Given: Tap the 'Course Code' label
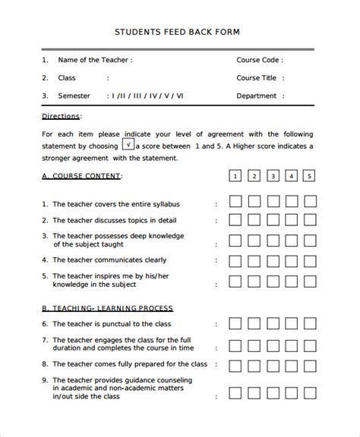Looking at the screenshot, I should (x=259, y=59).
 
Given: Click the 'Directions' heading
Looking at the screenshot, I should (x=61, y=115).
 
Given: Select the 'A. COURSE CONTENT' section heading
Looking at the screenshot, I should (x=81, y=176).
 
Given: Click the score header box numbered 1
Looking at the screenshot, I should (x=235, y=176).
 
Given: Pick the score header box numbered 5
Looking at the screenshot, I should (x=309, y=176).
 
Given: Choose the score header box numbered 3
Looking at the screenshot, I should (x=272, y=176).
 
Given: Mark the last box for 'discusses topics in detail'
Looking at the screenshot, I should (x=309, y=220).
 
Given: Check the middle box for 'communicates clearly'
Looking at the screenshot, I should (x=272, y=260).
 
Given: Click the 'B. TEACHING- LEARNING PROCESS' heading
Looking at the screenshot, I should (x=107, y=308).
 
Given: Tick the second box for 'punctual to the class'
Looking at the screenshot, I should (x=254, y=324).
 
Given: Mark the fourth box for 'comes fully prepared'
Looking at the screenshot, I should (x=291, y=365).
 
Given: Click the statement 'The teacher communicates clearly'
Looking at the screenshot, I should (x=109, y=259).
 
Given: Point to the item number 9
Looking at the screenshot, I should (x=45, y=379).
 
